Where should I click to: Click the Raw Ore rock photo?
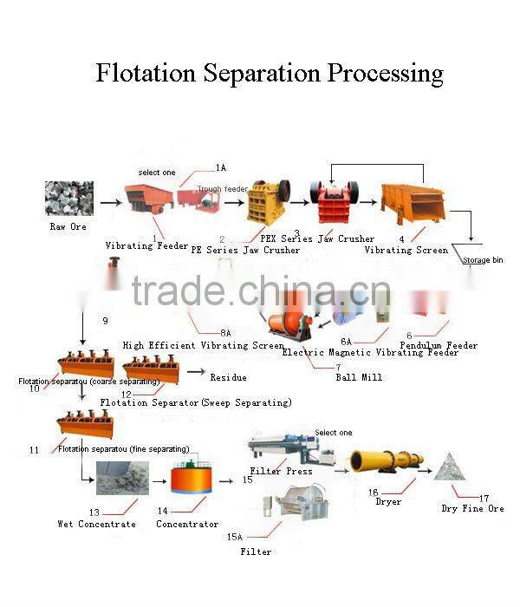(68, 199)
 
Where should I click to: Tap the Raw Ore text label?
(68, 226)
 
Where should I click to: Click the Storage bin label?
(482, 260)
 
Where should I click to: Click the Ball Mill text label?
(359, 377)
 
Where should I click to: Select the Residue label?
(228, 377)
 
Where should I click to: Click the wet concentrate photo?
(121, 478)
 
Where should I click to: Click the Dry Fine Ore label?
(472, 508)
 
